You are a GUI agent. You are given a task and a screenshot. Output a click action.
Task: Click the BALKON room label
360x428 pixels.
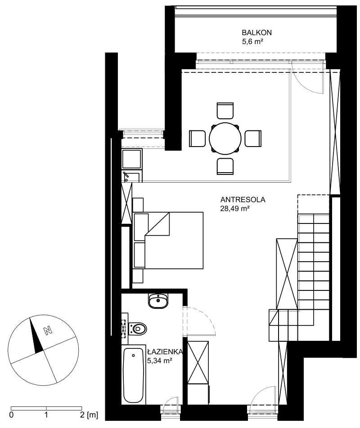pos(256,33)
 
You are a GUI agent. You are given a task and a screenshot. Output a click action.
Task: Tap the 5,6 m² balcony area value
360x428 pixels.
pos(252,42)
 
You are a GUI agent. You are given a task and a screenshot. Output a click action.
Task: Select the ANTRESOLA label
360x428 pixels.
pos(243,200)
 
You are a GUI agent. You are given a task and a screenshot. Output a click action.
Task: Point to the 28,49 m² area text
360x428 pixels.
pos(235,209)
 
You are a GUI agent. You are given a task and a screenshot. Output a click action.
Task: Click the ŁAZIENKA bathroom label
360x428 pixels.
pos(165,352)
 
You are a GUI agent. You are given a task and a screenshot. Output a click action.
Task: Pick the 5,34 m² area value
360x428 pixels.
pos(159,361)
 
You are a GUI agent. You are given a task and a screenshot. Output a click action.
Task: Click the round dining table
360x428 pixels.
pos(225,138)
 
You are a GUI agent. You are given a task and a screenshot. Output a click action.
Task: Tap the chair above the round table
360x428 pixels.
pos(225,111)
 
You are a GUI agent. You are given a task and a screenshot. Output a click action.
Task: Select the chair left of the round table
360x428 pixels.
pos(197,138)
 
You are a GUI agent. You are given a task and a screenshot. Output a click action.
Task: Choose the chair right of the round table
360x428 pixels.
pos(253,138)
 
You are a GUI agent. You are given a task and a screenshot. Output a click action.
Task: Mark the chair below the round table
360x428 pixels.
pos(225,166)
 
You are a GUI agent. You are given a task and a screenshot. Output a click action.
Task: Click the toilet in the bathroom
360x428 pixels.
pos(138,328)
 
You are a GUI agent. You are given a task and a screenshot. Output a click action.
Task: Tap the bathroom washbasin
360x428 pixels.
pos(158,301)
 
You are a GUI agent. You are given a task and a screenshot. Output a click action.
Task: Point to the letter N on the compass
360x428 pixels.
pos(48,330)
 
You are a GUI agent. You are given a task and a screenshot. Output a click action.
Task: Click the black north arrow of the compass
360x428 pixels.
pos(36,336)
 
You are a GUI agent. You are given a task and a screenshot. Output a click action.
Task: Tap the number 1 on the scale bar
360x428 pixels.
pos(46,415)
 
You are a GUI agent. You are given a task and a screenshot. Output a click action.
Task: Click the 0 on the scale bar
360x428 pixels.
pos(11,415)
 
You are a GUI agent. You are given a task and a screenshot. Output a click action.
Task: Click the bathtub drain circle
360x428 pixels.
pos(134,355)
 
